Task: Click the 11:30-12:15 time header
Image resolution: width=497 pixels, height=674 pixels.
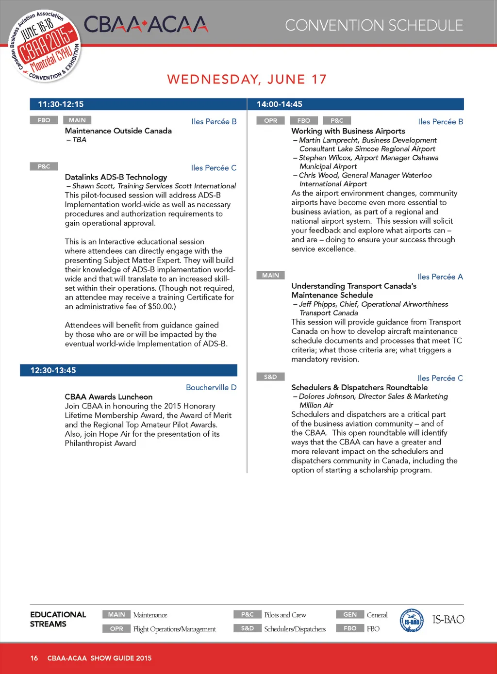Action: [x=61, y=104]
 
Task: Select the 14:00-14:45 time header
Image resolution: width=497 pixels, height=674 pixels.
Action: [x=280, y=104]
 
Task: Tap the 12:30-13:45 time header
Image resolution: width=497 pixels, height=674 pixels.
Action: [x=53, y=370]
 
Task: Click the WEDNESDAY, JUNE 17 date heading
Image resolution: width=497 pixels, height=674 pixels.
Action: [x=247, y=79]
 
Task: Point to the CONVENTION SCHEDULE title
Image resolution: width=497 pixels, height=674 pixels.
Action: [x=374, y=25]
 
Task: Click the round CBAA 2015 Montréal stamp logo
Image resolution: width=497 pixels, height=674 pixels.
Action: [x=45, y=46]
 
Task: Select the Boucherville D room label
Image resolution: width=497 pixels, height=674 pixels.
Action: [x=211, y=387]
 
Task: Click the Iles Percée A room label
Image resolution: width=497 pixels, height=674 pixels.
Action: [x=440, y=277]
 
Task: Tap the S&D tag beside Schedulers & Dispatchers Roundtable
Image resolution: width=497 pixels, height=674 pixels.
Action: [x=270, y=377]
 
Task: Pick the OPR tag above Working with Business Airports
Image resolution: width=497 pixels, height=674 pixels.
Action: [x=270, y=120]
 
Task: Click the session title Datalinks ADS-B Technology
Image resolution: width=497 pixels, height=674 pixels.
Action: [x=116, y=177]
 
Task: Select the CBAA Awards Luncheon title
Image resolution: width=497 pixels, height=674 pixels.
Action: [x=109, y=396]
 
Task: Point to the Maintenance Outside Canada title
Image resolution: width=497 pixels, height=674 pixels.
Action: [x=118, y=131]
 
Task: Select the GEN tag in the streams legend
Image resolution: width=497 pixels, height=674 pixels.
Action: [x=350, y=614]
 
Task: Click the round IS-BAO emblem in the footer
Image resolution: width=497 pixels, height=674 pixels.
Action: [x=412, y=621]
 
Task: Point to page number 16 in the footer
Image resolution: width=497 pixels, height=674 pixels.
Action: [x=34, y=658]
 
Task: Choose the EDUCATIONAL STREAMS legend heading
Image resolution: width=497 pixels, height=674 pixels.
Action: [x=58, y=619]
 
